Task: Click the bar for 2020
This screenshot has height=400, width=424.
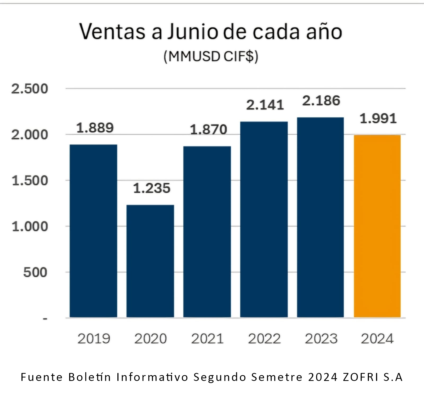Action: (150, 261)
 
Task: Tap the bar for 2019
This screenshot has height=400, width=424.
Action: (93, 231)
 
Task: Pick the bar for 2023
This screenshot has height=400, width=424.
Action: (320, 217)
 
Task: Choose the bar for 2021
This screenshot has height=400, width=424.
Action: (207, 232)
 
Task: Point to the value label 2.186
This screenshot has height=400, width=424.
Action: (321, 101)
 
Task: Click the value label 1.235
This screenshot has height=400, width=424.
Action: (152, 188)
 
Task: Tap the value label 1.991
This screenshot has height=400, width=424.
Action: (378, 118)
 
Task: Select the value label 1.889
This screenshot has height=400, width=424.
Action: (95, 128)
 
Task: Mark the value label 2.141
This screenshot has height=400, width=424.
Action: (265, 105)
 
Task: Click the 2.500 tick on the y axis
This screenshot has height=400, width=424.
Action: (29, 89)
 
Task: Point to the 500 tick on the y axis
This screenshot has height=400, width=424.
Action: (35, 272)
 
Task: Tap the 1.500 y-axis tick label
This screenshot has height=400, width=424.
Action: (30, 181)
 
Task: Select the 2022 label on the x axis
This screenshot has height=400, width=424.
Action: (264, 339)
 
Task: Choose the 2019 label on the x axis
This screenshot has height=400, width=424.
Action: (94, 339)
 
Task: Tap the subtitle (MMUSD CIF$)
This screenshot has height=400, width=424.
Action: (211, 56)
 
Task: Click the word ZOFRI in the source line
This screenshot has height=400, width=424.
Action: (361, 377)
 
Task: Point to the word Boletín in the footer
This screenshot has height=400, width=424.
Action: (90, 377)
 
